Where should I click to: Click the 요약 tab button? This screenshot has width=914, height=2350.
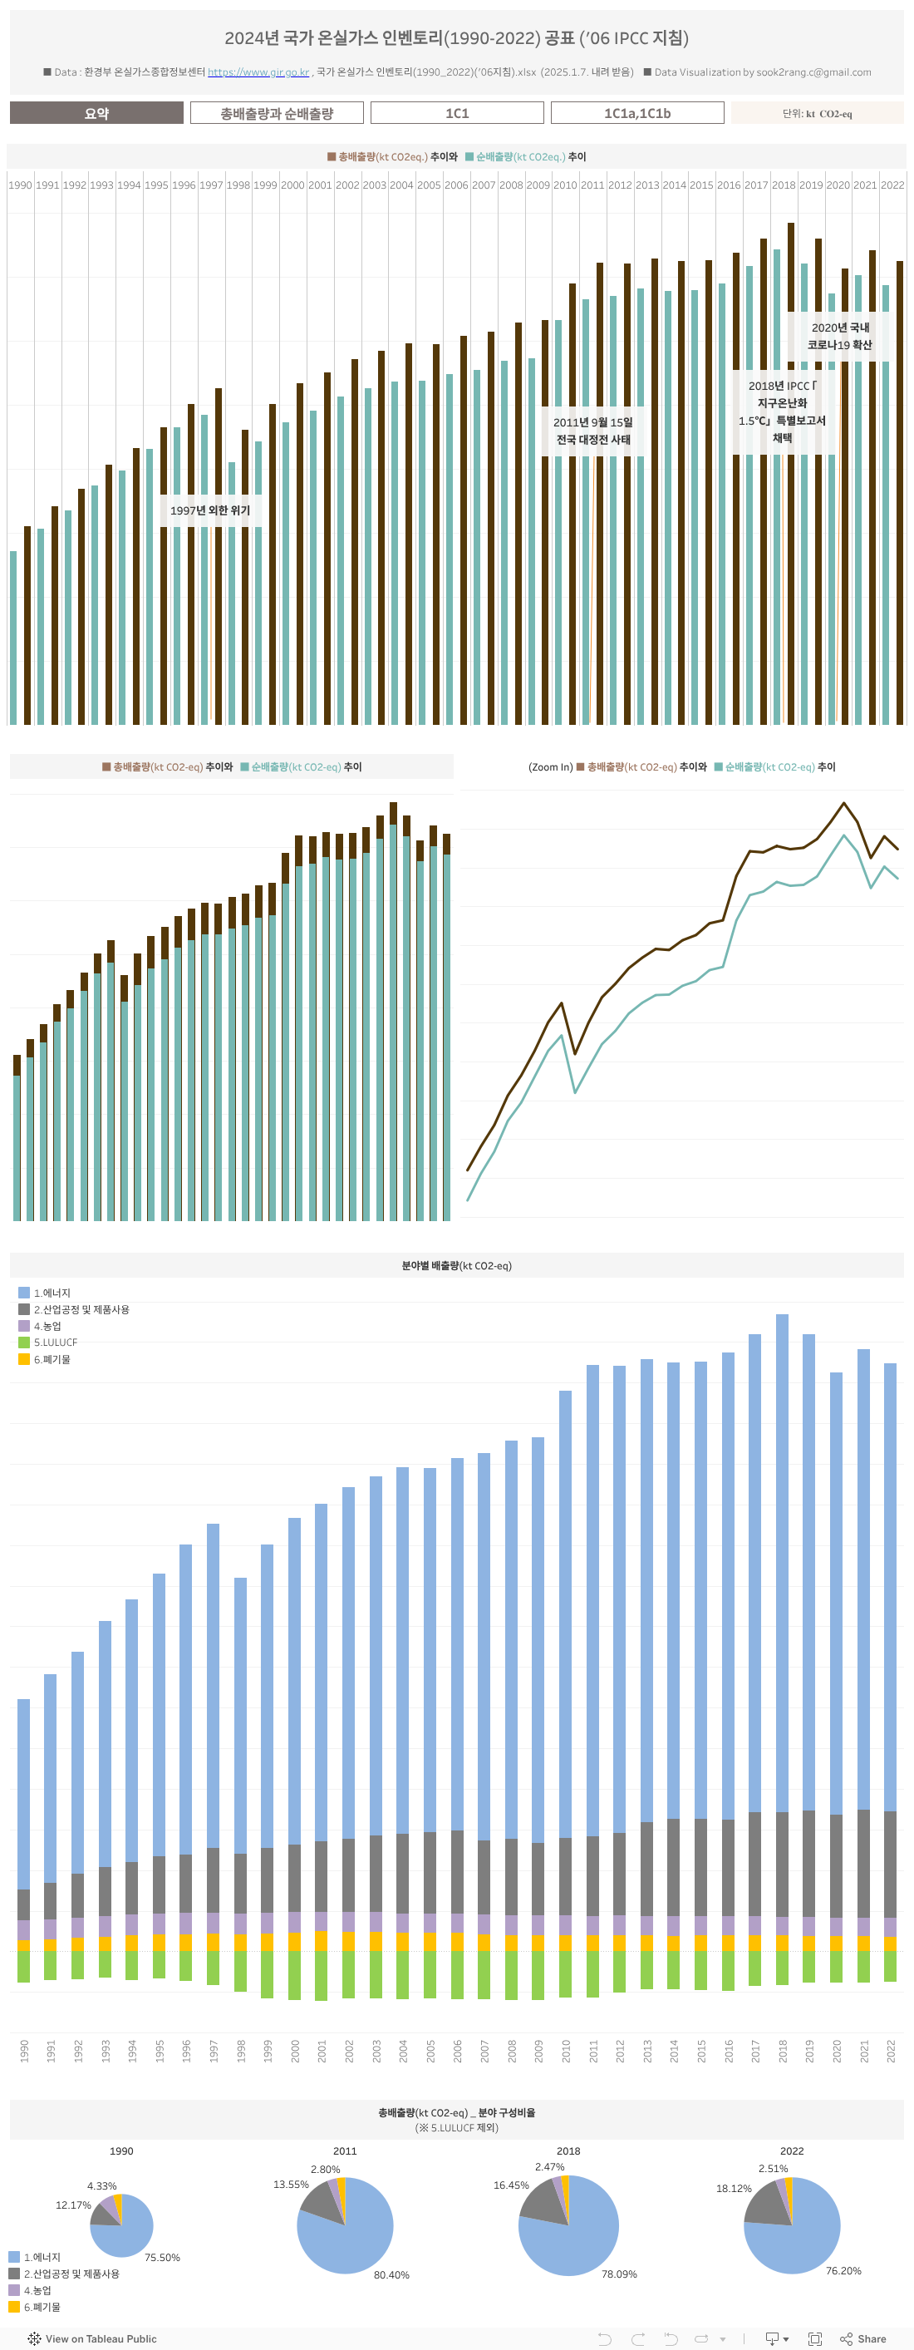click(x=96, y=113)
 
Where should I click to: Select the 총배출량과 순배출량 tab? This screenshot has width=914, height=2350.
click(x=277, y=113)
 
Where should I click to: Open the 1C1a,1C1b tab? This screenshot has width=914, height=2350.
click(x=636, y=113)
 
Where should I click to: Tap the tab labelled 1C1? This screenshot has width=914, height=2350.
click(x=457, y=113)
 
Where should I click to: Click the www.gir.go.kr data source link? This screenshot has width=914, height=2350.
click(x=258, y=72)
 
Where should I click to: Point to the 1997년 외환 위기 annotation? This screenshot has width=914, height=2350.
click(x=209, y=510)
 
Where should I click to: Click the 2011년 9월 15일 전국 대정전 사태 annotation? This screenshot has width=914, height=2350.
click(x=593, y=431)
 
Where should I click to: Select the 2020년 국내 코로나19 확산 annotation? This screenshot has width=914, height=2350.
click(x=840, y=336)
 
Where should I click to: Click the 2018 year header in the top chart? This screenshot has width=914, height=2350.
click(x=784, y=185)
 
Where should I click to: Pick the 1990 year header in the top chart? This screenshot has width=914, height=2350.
click(x=20, y=185)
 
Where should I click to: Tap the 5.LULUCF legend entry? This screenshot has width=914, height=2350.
click(x=55, y=1342)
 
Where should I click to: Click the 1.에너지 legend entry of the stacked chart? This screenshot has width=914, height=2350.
click(x=51, y=1293)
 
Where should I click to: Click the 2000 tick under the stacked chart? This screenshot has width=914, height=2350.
click(x=295, y=2052)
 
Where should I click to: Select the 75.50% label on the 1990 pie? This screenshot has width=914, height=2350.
click(x=162, y=2257)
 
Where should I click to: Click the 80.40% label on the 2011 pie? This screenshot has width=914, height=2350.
click(x=391, y=2274)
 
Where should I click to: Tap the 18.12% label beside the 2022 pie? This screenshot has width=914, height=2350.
click(x=734, y=2188)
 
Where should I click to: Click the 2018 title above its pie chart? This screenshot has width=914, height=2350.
click(x=568, y=2150)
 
